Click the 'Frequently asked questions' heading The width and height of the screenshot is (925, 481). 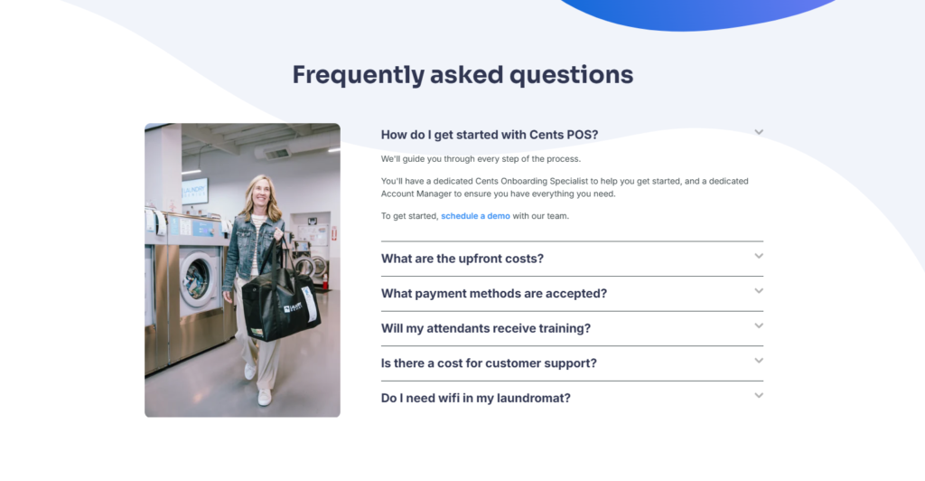pyautogui.click(x=462, y=74)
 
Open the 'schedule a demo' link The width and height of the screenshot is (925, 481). pyautogui.click(x=475, y=216)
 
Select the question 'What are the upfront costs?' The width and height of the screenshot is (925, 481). pyautogui.click(x=462, y=259)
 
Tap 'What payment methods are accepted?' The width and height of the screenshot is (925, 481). pyautogui.click(x=493, y=294)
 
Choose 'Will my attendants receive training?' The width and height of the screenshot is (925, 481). pyautogui.click(x=485, y=328)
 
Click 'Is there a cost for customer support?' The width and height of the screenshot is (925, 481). pyautogui.click(x=489, y=363)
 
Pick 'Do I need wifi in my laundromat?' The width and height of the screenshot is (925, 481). pyautogui.click(x=475, y=398)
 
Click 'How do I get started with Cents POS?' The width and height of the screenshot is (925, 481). pyautogui.click(x=489, y=135)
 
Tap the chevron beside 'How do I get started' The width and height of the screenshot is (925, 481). pyautogui.click(x=759, y=132)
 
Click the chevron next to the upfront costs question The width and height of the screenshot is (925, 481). pyautogui.click(x=759, y=256)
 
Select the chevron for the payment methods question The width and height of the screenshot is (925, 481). pyautogui.click(x=759, y=291)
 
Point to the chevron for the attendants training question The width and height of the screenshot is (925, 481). pyautogui.click(x=759, y=325)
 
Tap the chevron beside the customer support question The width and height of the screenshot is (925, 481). pyautogui.click(x=759, y=361)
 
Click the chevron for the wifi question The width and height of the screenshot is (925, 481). pyautogui.click(x=759, y=395)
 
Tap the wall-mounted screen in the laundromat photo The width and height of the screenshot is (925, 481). pyautogui.click(x=195, y=191)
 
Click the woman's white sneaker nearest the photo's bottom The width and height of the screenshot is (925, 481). pyautogui.click(x=264, y=397)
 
